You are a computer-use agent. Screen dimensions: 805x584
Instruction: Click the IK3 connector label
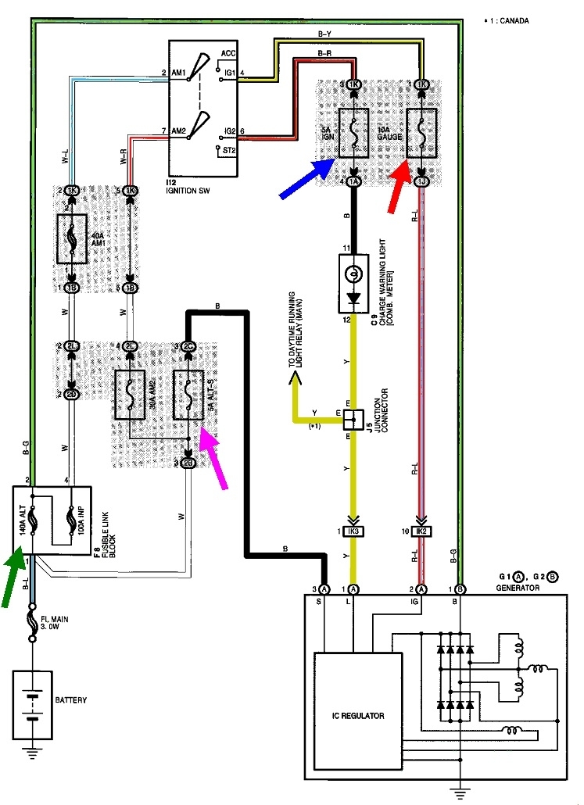coord(353,531)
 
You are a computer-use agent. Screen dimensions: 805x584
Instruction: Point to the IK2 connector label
coord(421,531)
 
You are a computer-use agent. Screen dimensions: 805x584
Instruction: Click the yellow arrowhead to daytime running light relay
coord(296,381)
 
